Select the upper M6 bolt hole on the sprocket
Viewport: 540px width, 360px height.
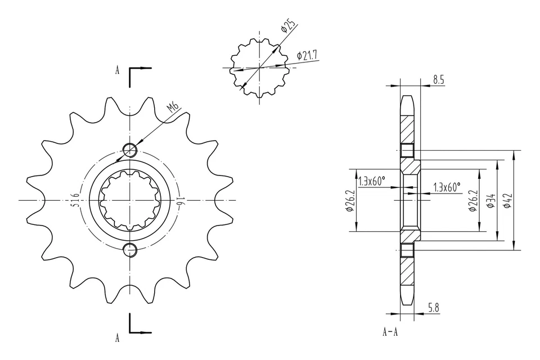130,150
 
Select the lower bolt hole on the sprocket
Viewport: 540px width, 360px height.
130,250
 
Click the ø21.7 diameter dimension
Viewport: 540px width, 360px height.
307,55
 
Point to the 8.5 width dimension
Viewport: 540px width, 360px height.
439,80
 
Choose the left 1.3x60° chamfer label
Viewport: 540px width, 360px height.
372,181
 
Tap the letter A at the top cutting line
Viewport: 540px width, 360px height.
118,70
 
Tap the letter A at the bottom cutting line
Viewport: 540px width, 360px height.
118,338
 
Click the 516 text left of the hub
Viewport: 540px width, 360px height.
75,200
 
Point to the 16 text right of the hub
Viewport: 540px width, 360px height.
181,200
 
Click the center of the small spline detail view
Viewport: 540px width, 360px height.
259,67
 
